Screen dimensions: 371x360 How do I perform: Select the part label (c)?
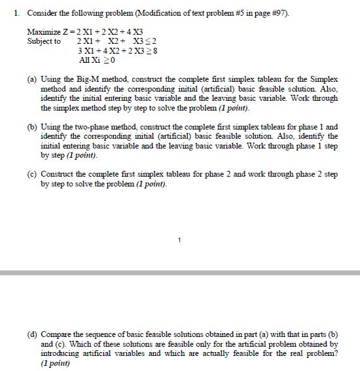(32, 175)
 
